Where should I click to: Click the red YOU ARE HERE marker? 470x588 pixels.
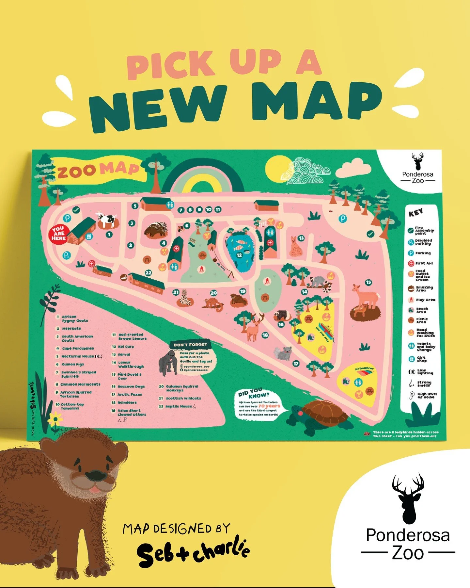click(x=59, y=233)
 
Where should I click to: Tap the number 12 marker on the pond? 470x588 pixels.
click(x=239, y=255)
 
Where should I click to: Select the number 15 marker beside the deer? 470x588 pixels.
click(x=368, y=283)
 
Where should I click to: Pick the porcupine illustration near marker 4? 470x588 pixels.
click(x=156, y=230)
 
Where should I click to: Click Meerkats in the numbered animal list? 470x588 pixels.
click(x=71, y=329)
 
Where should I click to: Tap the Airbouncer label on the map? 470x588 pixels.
click(x=364, y=368)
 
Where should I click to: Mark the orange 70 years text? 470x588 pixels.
click(x=269, y=406)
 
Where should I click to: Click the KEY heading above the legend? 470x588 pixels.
click(x=416, y=213)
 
